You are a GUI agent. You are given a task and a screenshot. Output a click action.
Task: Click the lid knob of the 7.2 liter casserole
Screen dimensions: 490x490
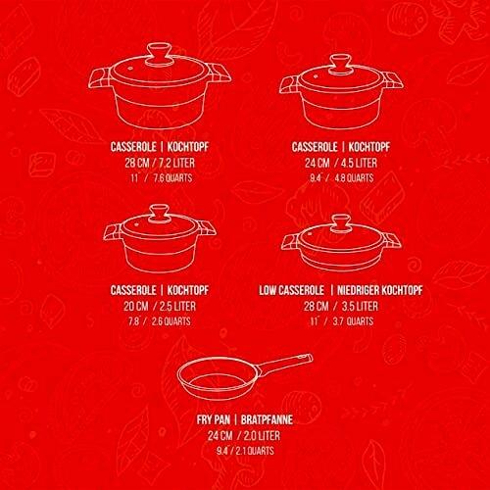pyautogui.click(x=159, y=54)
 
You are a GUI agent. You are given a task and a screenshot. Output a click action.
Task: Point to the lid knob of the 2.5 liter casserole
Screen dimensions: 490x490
pyautogui.click(x=159, y=214)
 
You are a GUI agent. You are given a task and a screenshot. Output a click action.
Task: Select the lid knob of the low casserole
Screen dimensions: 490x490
pyautogui.click(x=341, y=223)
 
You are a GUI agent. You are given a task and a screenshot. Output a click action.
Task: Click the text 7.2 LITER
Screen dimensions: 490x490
pyautogui.click(x=176, y=163)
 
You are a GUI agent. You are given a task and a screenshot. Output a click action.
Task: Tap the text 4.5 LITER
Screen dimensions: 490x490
pyautogui.click(x=359, y=163)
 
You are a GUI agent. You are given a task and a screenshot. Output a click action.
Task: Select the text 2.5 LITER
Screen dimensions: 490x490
pyautogui.click(x=177, y=306)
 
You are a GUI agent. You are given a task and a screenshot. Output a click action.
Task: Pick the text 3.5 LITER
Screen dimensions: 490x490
pyautogui.click(x=360, y=306)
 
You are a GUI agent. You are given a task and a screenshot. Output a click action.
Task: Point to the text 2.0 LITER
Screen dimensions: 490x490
pyautogui.click(x=262, y=435)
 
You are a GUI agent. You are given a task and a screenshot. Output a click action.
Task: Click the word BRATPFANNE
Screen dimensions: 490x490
pyautogui.click(x=267, y=419)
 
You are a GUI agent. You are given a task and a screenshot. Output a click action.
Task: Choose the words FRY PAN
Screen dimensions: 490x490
pyautogui.click(x=214, y=419)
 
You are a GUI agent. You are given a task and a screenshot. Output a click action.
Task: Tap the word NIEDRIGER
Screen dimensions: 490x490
pyautogui.click(x=358, y=290)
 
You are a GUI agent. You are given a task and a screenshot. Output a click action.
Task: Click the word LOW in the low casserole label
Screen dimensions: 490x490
pyautogui.click(x=267, y=290)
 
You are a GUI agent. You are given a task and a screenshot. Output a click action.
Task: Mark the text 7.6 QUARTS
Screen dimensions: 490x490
pyautogui.click(x=172, y=178)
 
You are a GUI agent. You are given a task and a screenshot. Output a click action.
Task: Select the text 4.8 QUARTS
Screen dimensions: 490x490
pyautogui.click(x=354, y=178)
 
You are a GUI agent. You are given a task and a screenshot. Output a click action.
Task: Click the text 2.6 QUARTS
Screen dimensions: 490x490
pyautogui.click(x=171, y=321)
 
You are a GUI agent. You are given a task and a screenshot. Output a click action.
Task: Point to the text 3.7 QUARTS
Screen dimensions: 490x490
pyautogui.click(x=353, y=321)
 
